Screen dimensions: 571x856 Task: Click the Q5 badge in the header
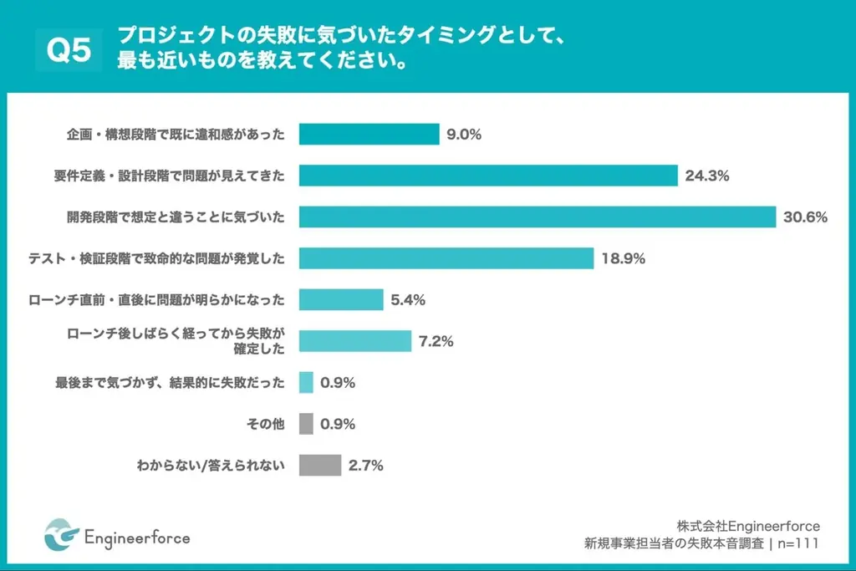pyautogui.click(x=69, y=50)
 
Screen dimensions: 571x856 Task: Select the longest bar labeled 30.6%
pyautogui.click(x=538, y=217)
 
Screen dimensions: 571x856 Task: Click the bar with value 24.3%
pyautogui.click(x=488, y=176)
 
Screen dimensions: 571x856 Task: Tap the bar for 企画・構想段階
pyautogui.click(x=369, y=134)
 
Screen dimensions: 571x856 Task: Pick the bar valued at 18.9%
pyautogui.click(x=446, y=258)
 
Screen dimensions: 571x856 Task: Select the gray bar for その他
pyautogui.click(x=306, y=424)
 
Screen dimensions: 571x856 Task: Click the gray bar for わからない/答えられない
pyautogui.click(x=320, y=465)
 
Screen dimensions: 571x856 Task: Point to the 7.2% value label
pyautogui.click(x=436, y=341)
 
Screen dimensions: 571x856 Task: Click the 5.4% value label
pyautogui.click(x=409, y=300)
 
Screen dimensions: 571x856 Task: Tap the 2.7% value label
pyautogui.click(x=366, y=466)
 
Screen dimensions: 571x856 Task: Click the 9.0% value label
pyautogui.click(x=464, y=135)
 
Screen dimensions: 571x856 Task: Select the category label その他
pyautogui.click(x=266, y=425)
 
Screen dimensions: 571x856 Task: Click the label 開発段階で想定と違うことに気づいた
pyautogui.click(x=176, y=217)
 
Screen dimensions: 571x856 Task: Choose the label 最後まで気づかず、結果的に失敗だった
pyautogui.click(x=170, y=383)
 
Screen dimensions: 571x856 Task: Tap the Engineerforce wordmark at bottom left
pyautogui.click(x=137, y=537)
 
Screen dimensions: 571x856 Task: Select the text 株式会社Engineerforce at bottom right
pyautogui.click(x=748, y=526)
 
